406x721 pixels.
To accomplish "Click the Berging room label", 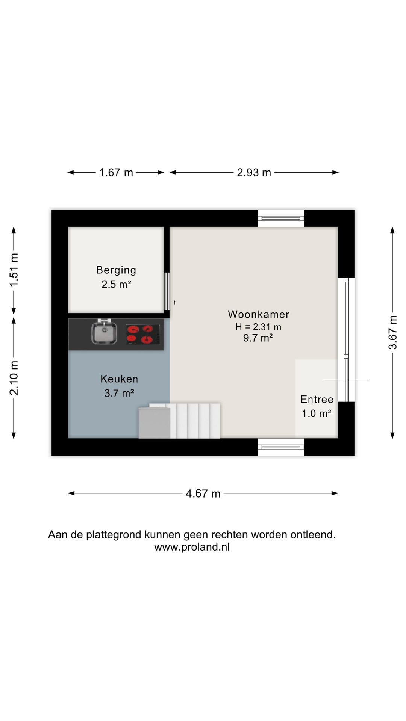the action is click(x=116, y=270).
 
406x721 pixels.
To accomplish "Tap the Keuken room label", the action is click(x=119, y=379).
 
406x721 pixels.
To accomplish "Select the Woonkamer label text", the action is click(x=259, y=314).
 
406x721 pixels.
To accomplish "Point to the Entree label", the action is click(x=317, y=399).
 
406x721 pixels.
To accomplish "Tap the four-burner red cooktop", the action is click(x=143, y=334).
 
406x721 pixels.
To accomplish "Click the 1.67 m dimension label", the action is click(x=116, y=173).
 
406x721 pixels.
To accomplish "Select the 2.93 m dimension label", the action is click(x=254, y=173).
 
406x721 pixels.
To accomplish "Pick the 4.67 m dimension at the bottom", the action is click(x=203, y=493).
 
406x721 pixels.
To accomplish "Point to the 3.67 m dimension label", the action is click(x=393, y=332).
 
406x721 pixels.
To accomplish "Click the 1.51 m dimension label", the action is click(x=14, y=270).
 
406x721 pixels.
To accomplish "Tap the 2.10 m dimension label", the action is click(x=14, y=378).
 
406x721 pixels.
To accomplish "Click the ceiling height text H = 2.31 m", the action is click(x=258, y=327).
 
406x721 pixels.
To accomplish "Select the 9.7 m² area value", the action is click(x=258, y=338).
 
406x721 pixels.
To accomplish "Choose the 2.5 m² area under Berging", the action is click(x=116, y=284).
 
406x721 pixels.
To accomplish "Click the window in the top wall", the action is click(x=281, y=219).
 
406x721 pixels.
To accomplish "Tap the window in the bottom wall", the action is click(x=281, y=447).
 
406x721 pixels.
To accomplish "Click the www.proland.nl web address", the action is click(x=192, y=547).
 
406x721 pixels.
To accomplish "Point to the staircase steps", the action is click(x=195, y=421).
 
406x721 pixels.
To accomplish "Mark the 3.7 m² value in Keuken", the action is click(x=119, y=393).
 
